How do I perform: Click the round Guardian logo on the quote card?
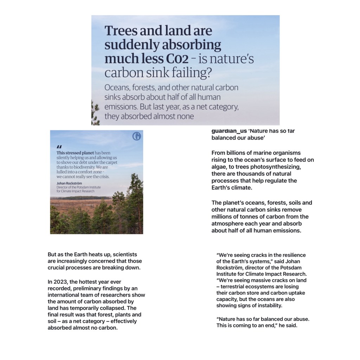coord(136,136)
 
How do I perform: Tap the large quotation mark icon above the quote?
coord(59,147)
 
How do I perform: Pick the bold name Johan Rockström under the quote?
coord(69,184)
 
